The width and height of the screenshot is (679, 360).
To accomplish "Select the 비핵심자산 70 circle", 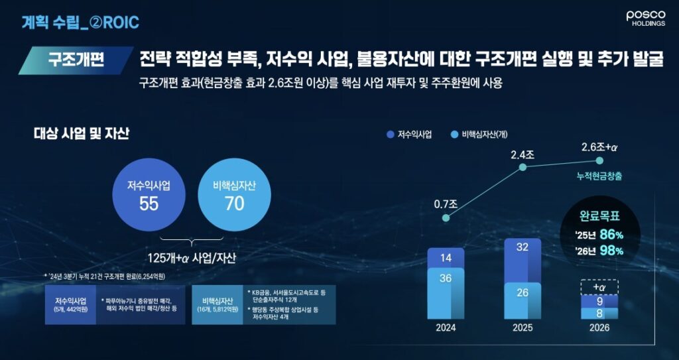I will [x=234, y=194].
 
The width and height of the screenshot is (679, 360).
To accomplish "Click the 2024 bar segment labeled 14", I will [x=446, y=257].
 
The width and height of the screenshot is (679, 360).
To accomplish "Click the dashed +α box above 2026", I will [x=599, y=286].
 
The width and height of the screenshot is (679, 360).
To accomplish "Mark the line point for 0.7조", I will [x=446, y=223].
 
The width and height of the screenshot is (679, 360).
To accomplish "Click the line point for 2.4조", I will [x=523, y=167].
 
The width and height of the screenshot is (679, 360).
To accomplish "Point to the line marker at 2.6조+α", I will [x=599, y=160].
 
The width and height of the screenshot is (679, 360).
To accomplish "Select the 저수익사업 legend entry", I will [x=409, y=135].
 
